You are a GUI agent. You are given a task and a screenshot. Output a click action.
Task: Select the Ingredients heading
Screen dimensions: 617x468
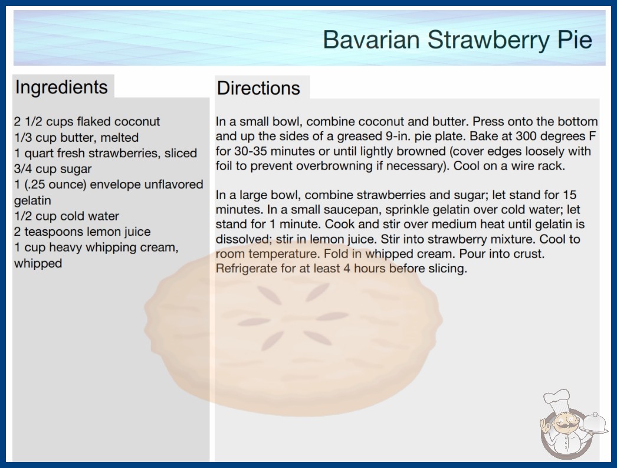[61, 87]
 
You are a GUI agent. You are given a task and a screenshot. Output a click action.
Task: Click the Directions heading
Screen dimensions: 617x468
[258, 88]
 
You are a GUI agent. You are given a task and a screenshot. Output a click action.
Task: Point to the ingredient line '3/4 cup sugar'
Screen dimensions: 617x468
[52, 169]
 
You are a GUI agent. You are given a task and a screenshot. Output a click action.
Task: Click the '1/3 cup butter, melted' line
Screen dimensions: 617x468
[76, 137]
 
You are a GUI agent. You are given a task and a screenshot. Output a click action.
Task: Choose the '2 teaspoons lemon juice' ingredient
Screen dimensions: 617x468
[82, 232]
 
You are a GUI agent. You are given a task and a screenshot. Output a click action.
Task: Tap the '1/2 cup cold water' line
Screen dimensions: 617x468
[67, 216]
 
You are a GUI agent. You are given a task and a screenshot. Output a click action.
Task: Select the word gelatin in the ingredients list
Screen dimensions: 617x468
[32, 200]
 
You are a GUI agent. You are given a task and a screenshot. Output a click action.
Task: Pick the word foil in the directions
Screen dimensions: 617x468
[224, 165]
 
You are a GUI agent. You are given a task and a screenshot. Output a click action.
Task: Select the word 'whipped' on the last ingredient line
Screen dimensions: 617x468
[38, 264]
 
